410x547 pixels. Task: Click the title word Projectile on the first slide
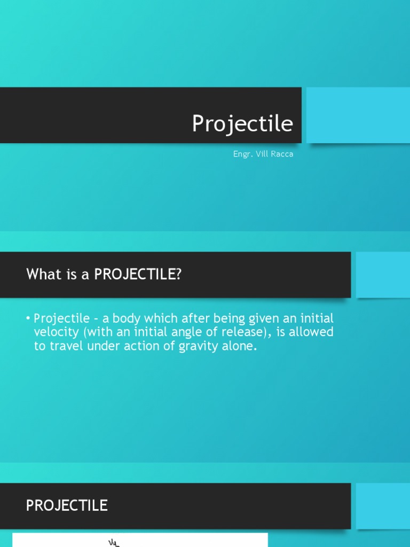242,124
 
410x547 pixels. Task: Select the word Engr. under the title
243,154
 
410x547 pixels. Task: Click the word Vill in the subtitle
263,154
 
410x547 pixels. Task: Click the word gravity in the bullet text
202,346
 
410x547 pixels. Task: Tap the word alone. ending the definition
241,346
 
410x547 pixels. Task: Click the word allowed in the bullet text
312,332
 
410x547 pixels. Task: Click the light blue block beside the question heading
382,275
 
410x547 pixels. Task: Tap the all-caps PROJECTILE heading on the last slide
67,505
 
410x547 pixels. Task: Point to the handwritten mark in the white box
114,543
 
